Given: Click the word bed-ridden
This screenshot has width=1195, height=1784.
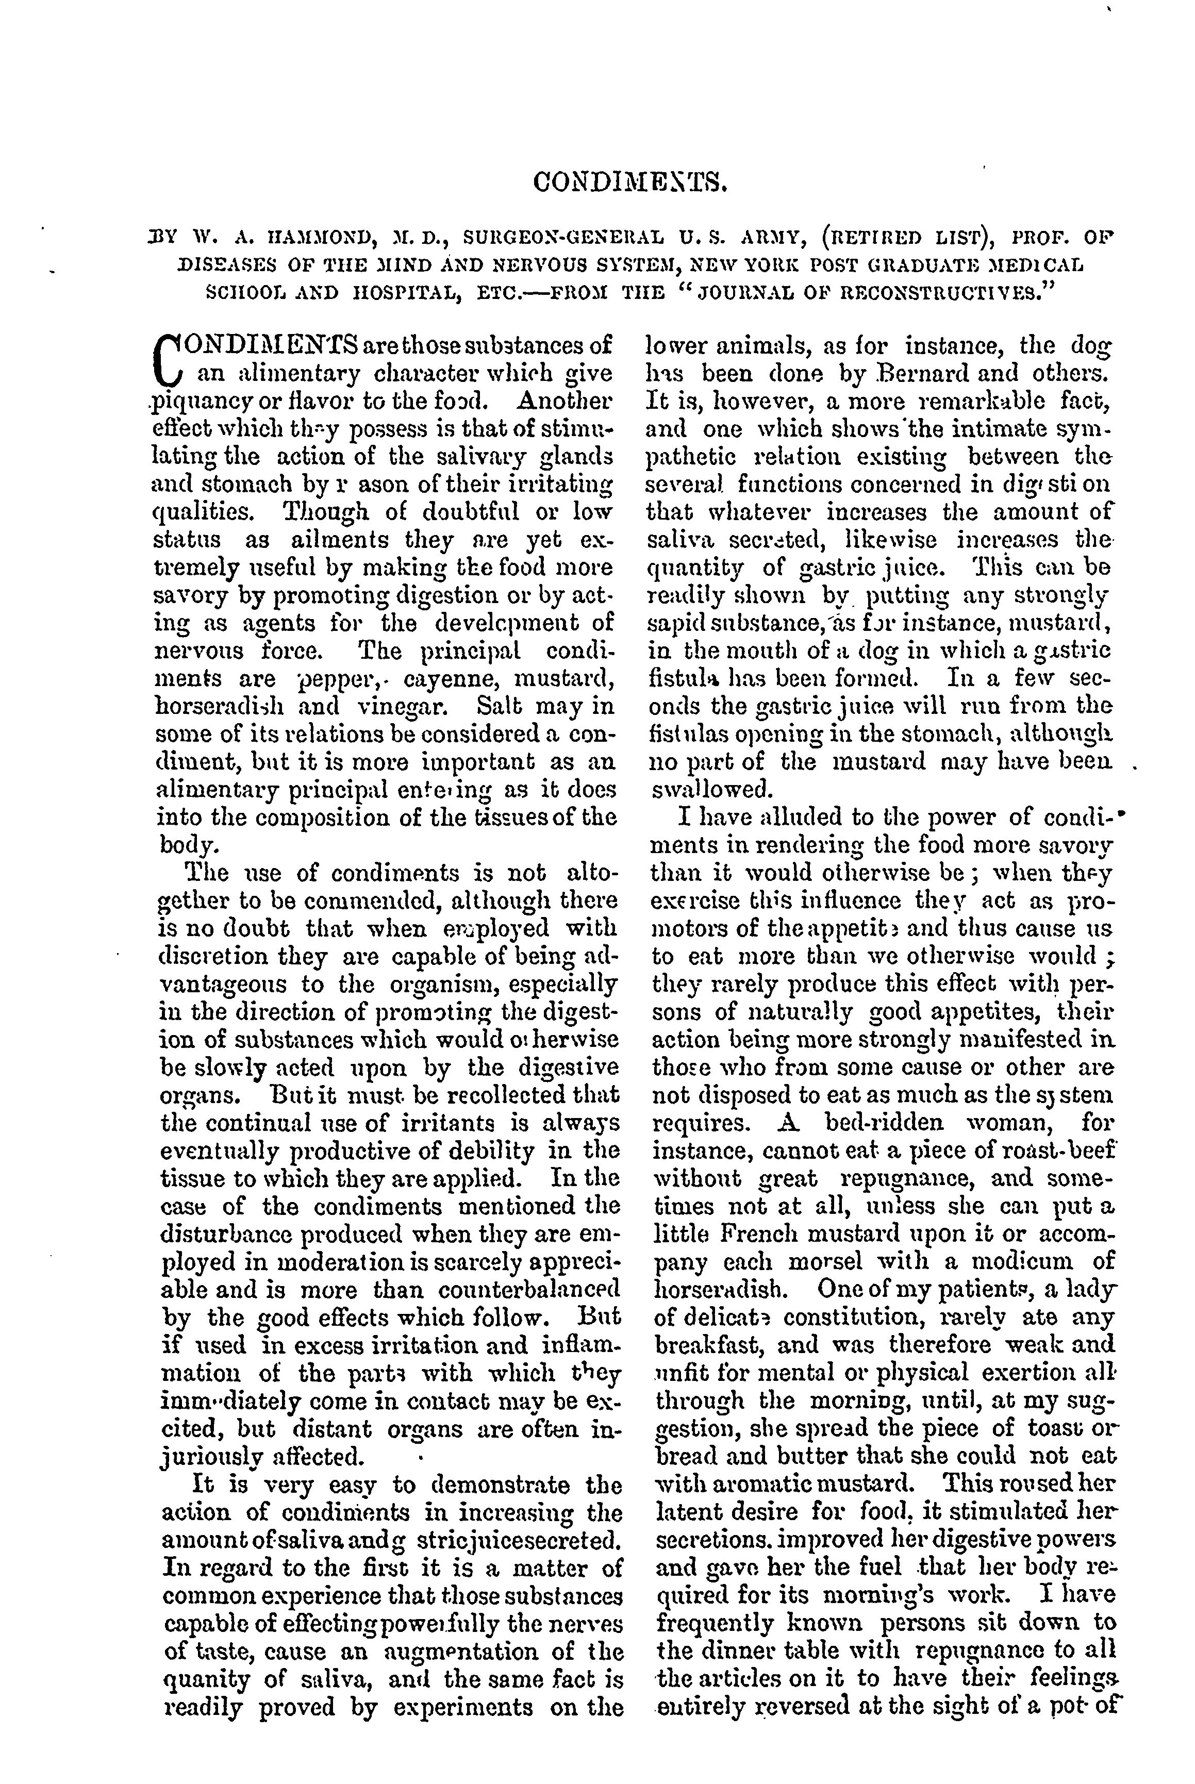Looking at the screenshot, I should (x=885, y=1123).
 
